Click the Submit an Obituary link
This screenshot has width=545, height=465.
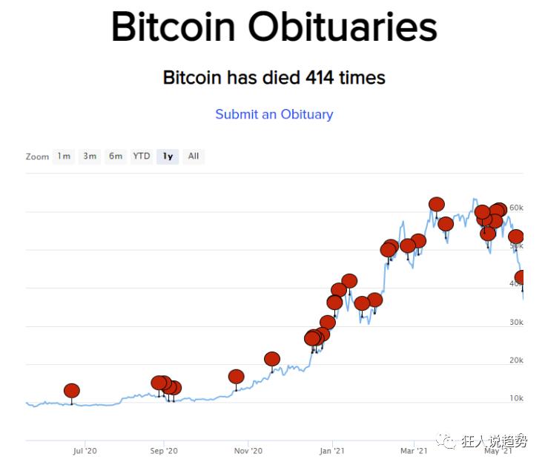point(274,114)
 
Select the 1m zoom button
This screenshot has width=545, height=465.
point(64,156)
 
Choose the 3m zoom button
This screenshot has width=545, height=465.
point(90,156)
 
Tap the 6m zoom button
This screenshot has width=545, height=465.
point(116,156)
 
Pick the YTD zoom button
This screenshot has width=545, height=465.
point(141,156)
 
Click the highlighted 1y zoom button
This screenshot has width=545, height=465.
point(168,156)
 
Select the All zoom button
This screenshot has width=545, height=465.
point(194,156)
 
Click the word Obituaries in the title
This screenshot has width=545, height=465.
point(342,27)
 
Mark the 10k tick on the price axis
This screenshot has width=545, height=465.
point(516,399)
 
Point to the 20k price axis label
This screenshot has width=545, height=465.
point(516,360)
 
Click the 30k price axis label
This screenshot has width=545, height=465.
point(516,323)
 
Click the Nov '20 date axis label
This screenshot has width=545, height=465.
point(248,450)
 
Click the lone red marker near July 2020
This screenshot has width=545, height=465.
point(71,391)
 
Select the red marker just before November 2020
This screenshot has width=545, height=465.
point(236,377)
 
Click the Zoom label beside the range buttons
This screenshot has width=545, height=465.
point(37,157)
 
